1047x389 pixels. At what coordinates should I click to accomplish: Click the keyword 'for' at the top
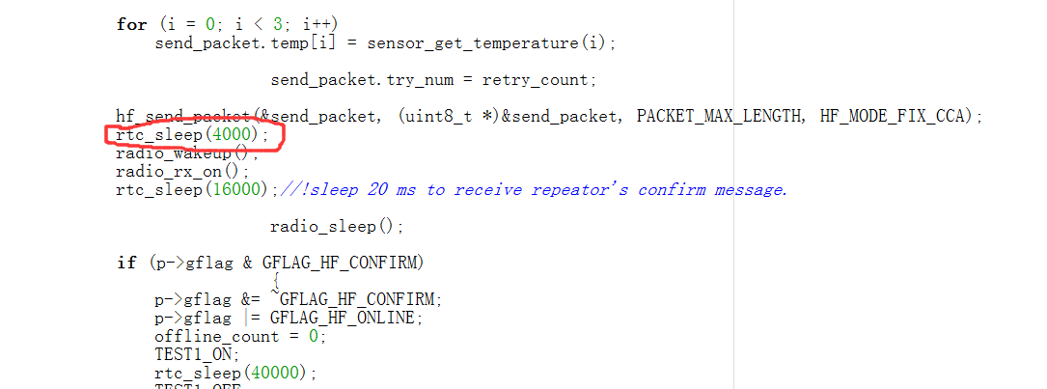coord(131,24)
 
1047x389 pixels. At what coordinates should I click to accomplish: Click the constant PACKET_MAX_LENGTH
coord(719,116)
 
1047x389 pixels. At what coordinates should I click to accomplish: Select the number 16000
coord(241,189)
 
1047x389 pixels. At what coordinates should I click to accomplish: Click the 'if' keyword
coord(125,263)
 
